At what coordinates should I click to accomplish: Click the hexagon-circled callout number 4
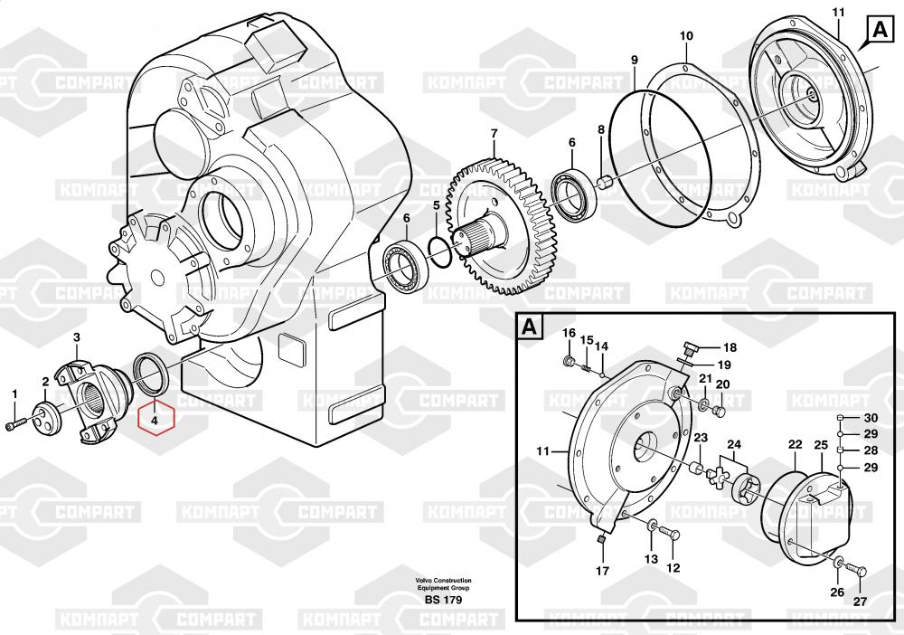pos(155,419)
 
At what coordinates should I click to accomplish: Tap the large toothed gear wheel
pos(506,226)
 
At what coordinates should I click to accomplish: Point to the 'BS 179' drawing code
pos(443,601)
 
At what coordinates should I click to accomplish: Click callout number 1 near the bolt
pos(14,393)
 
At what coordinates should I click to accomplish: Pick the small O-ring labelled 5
pos(439,252)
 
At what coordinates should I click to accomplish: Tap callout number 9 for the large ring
pos(635,61)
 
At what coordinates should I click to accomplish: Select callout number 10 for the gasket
pos(686,35)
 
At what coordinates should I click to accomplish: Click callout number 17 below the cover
pos(602,571)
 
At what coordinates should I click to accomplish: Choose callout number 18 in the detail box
pos(730,347)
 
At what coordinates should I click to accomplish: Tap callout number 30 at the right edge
pos(871,418)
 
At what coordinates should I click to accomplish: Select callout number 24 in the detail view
pos(733,444)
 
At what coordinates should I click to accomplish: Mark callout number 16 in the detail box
pos(569,334)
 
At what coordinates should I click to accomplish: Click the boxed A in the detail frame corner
pos(531,327)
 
